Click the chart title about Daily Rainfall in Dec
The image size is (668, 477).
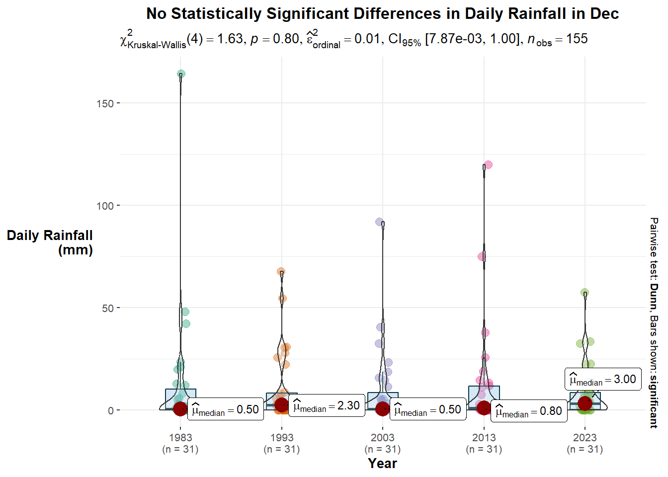[x=382, y=13]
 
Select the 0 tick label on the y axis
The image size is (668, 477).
[x=111, y=410]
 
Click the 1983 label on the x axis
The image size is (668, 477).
[x=180, y=438]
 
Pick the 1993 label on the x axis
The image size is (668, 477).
[x=281, y=438]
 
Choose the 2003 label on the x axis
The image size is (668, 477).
[x=382, y=438]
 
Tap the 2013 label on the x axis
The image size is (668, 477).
[x=484, y=438]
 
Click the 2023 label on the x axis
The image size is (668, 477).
[x=584, y=438]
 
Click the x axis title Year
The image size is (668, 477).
[x=382, y=464]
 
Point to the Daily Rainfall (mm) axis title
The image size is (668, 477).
[x=50, y=242]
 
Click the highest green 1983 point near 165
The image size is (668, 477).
[x=181, y=74]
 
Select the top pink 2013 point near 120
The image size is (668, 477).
[x=488, y=164]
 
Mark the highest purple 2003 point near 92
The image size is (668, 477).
[x=379, y=222]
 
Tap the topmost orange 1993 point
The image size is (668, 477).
[x=281, y=272]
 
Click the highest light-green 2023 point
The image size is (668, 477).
[x=585, y=293]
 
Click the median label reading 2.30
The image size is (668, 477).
[x=327, y=406]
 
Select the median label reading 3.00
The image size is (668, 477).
[x=603, y=380]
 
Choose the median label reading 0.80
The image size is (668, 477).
[x=529, y=411]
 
